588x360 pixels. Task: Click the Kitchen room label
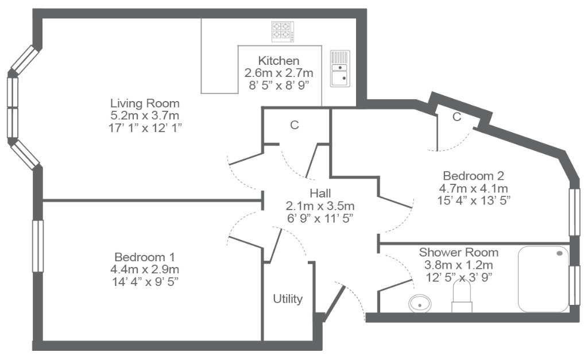278,61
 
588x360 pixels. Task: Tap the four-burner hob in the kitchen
283,32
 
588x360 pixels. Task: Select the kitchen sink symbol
340,69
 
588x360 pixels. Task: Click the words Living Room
145,103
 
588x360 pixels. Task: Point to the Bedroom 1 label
145,257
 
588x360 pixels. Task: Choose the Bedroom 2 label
474,176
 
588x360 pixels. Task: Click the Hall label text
320,193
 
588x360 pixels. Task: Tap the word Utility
288,299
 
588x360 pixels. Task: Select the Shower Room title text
459,253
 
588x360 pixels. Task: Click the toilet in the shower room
462,297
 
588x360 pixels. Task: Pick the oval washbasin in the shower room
420,303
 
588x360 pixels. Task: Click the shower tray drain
559,254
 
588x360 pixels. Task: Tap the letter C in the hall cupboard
295,125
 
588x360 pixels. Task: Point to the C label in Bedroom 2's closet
457,117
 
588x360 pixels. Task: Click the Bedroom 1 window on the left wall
38,246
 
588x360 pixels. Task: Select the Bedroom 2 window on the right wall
574,212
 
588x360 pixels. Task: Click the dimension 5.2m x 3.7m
145,115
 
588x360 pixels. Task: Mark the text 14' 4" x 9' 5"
145,281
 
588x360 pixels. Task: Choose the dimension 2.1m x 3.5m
320,206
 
